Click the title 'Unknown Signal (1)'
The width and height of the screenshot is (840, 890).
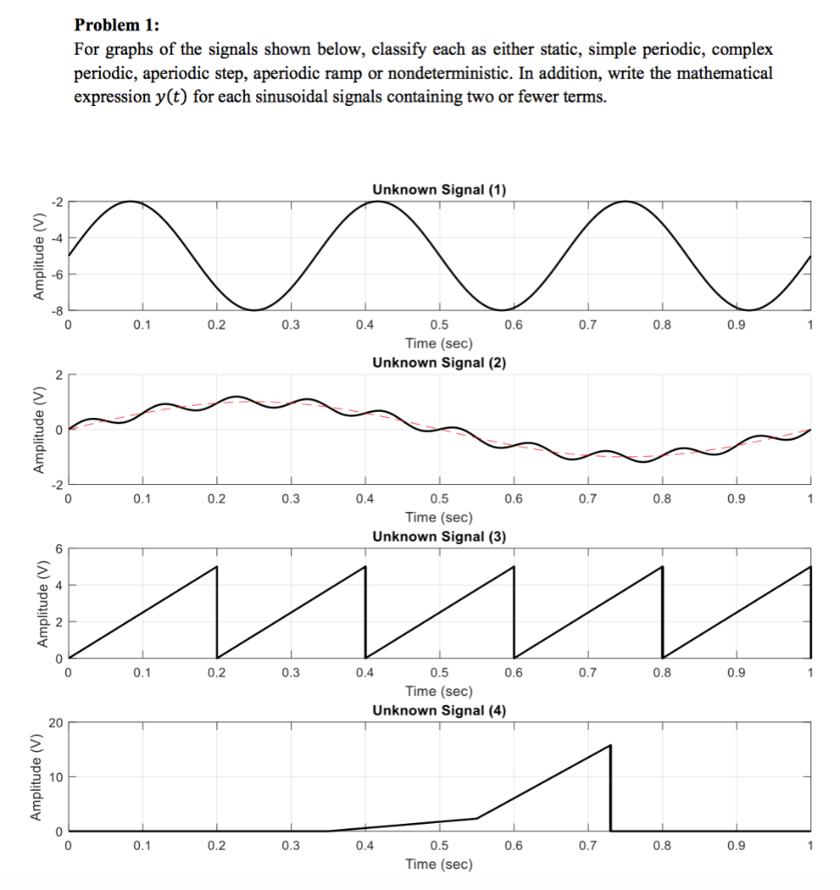pyautogui.click(x=439, y=189)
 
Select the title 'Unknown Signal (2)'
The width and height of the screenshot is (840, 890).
pyautogui.click(x=439, y=362)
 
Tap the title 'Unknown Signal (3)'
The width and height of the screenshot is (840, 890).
pyautogui.click(x=439, y=536)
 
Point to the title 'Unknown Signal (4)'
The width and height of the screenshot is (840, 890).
pyautogui.click(x=439, y=710)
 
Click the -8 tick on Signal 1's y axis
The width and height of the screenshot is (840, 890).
pyautogui.click(x=58, y=310)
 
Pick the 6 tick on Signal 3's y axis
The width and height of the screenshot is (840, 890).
pyautogui.click(x=60, y=548)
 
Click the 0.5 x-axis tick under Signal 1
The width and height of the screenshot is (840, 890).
pyautogui.click(x=439, y=326)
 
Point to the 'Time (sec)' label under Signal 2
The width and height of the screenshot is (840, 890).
pyautogui.click(x=439, y=517)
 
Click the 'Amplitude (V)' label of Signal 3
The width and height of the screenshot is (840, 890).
pyautogui.click(x=39, y=603)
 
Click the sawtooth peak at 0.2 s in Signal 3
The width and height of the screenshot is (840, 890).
pyautogui.click(x=216, y=567)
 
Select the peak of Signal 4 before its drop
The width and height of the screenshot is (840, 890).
pyautogui.click(x=610, y=746)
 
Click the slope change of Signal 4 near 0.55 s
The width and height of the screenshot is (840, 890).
pyautogui.click(x=476, y=818)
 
